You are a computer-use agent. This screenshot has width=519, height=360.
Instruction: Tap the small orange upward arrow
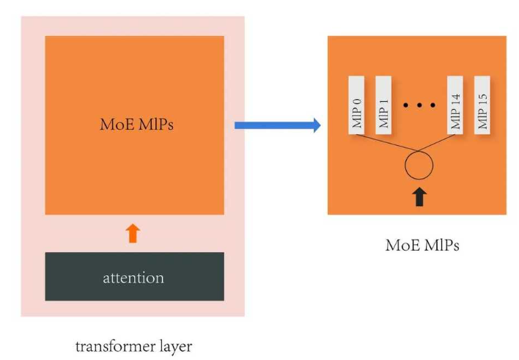click(133, 233)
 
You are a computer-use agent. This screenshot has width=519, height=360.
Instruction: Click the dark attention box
click(134, 276)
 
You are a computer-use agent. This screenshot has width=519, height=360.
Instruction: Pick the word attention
click(133, 278)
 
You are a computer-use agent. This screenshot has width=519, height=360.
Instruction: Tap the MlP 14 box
click(457, 104)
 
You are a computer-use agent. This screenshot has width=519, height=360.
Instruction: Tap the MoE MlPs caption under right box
click(422, 246)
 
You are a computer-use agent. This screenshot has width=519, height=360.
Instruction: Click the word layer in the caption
click(174, 345)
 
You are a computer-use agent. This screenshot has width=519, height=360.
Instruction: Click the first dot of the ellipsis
click(407, 106)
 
